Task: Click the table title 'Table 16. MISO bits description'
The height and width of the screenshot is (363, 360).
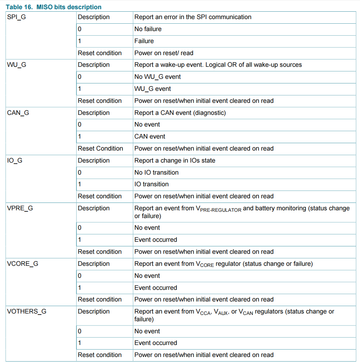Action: click(53, 7)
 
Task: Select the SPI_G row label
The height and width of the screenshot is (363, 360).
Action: click(16, 17)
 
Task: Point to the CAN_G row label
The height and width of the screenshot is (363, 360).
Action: click(18, 113)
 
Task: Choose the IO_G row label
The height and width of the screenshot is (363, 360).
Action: click(14, 160)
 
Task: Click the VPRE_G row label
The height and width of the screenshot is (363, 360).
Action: click(20, 208)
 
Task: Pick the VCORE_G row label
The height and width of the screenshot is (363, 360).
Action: click(23, 264)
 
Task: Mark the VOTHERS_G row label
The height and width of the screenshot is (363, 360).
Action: click(27, 311)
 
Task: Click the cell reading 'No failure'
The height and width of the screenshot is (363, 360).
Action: click(148, 29)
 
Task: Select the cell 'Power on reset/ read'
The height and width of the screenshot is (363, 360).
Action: click(164, 53)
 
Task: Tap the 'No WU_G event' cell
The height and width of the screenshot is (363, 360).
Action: click(157, 77)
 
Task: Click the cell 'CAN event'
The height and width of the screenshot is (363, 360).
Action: click(150, 136)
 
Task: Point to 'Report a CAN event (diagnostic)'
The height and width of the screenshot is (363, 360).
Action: click(180, 113)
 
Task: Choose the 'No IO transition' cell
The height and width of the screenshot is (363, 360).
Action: click(156, 172)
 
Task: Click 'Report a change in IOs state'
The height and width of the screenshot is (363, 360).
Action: click(175, 160)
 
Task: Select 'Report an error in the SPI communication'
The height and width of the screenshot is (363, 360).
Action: click(193, 17)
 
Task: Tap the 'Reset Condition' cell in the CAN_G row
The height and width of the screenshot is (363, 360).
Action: click(100, 148)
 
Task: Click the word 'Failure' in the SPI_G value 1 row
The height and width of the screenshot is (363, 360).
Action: click(144, 41)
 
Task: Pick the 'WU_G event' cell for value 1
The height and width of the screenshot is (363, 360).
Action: click(152, 89)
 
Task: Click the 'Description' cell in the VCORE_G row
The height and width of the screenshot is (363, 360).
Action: click(94, 264)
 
